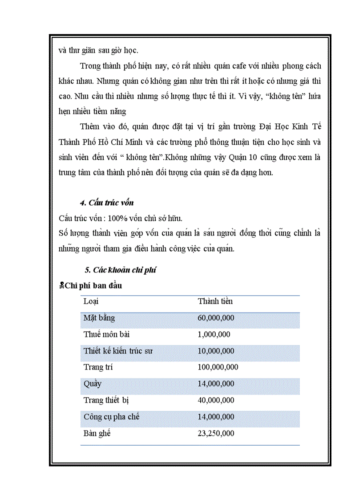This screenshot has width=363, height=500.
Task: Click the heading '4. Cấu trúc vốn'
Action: coord(107,203)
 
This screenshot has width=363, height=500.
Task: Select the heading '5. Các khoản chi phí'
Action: coord(120,270)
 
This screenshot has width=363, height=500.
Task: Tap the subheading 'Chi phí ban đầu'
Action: coord(93,286)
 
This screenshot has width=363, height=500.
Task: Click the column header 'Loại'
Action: coord(91,301)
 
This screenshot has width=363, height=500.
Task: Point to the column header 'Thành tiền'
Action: coord(215,301)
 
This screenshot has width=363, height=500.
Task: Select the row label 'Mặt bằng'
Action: coord(99,318)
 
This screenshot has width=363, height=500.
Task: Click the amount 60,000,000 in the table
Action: coord(216,318)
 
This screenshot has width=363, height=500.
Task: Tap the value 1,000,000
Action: coord(214,334)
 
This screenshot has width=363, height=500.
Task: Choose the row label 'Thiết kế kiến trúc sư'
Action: coord(118,351)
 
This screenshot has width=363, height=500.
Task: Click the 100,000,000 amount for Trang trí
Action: coord(218,367)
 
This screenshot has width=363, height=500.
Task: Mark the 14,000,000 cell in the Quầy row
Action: coord(216,384)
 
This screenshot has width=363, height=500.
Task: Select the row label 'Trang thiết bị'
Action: coord(106,400)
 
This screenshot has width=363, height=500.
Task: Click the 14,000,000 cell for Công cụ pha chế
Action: coord(216,417)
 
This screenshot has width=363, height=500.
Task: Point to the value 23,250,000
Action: coord(216,433)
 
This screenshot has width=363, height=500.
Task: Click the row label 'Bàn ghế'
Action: coord(97,433)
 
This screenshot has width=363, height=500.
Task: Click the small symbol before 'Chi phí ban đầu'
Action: coord(61,286)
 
